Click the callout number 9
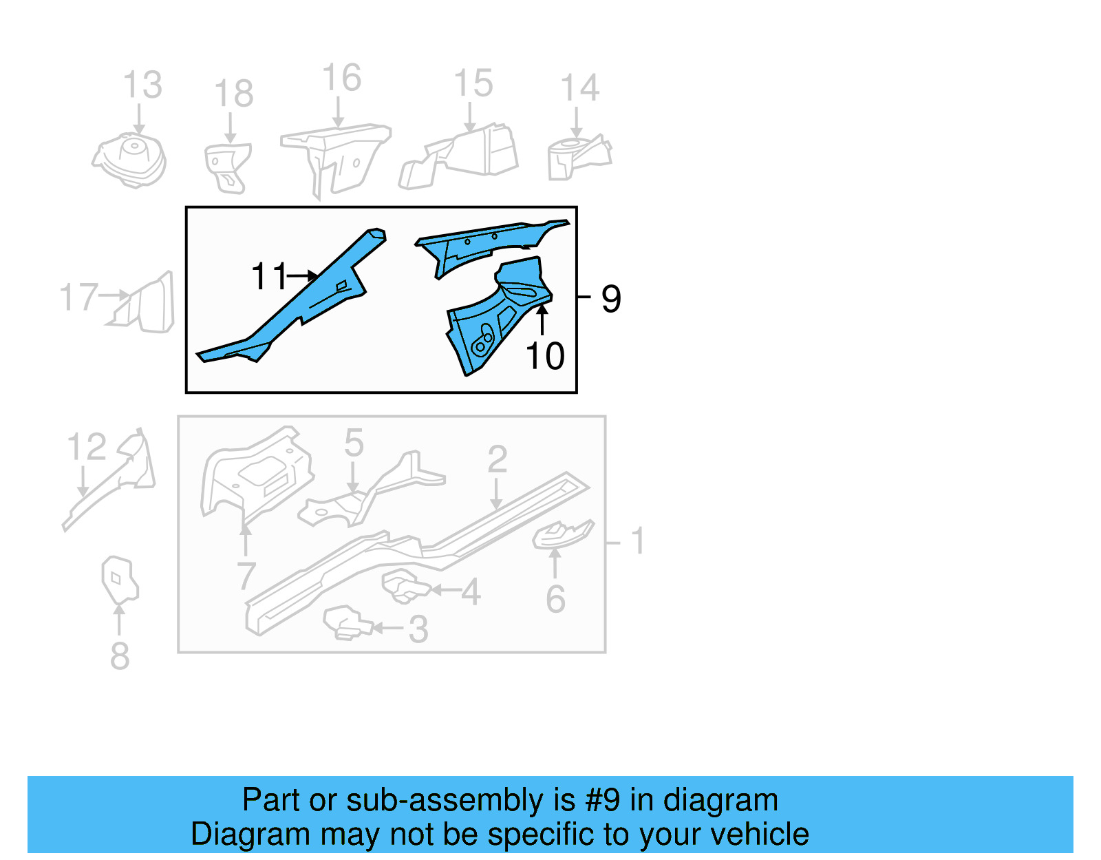click(611, 299)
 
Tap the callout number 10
click(545, 356)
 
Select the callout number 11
click(268, 277)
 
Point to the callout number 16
click(341, 78)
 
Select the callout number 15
click(473, 83)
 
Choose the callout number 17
click(78, 297)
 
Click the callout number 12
click(87, 448)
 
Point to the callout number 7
click(246, 576)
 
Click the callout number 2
click(497, 459)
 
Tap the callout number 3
click(418, 629)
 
